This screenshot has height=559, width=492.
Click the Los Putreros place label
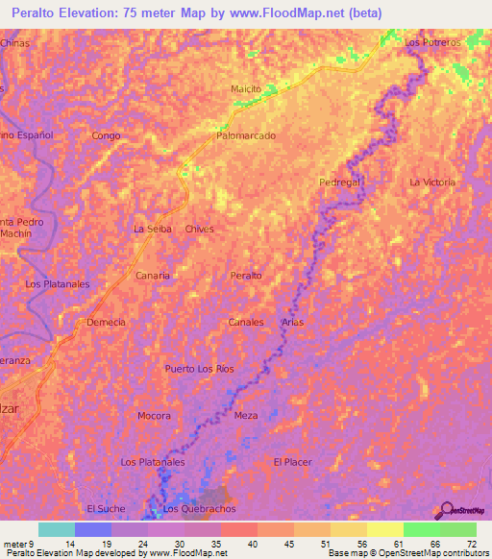(433, 43)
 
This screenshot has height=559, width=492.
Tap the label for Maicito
(246, 89)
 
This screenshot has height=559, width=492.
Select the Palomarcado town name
(246, 136)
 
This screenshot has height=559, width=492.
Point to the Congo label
(106, 136)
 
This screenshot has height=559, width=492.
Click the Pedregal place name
(339, 182)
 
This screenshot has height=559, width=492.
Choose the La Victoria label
(432, 182)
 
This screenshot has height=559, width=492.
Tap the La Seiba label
(152, 230)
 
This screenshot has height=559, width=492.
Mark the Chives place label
(199, 230)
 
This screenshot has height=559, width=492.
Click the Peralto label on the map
(246, 276)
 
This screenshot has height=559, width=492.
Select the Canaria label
(153, 276)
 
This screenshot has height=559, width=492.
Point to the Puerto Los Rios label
(199, 369)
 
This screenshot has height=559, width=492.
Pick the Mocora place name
(154, 416)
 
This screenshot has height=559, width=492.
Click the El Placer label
(292, 462)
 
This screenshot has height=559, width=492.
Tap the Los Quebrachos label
(199, 509)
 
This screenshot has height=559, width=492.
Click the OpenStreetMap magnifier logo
(447, 509)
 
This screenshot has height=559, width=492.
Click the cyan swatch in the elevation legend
(56, 529)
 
